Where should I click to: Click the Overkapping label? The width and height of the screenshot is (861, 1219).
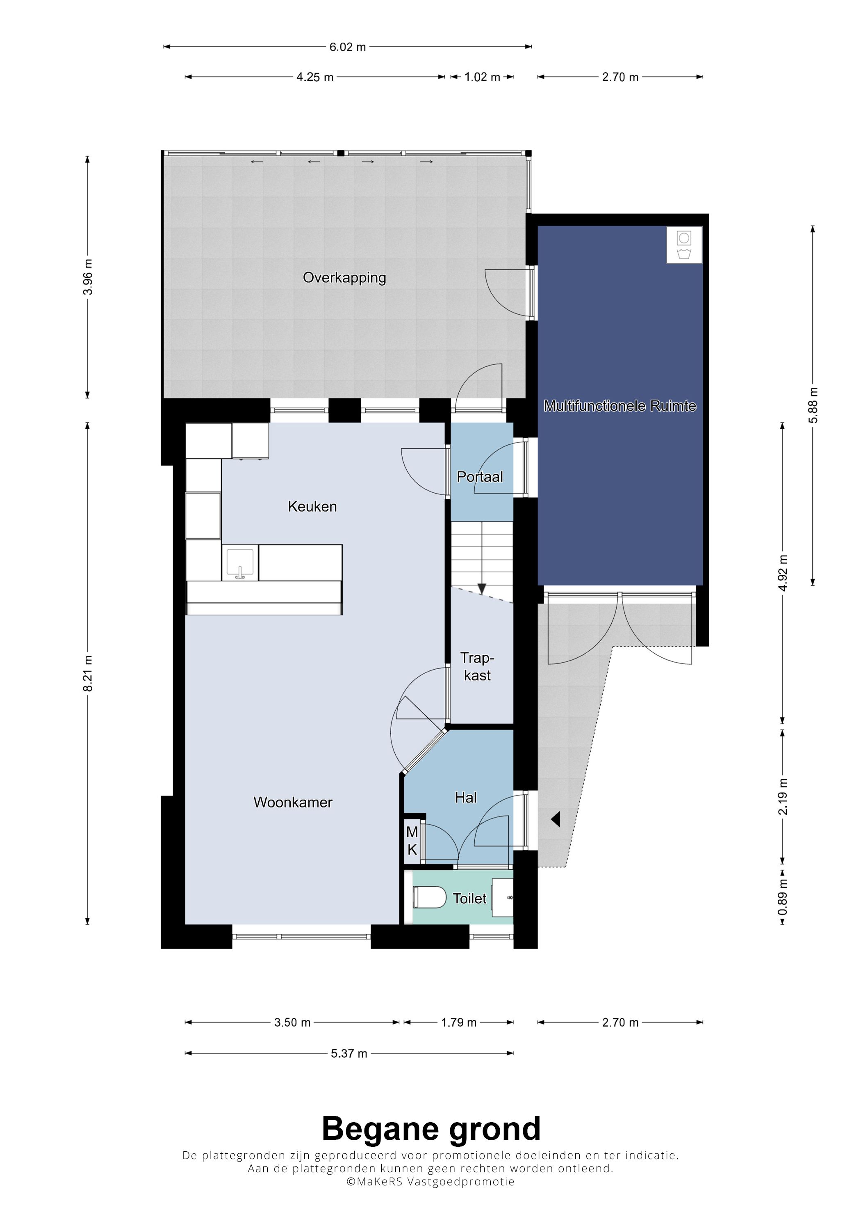click(344, 278)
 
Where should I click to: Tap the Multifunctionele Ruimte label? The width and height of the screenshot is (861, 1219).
click(620, 406)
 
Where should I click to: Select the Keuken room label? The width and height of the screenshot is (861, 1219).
click(312, 506)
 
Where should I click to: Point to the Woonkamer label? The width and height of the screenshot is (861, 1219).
click(293, 802)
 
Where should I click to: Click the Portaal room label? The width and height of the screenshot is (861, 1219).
click(480, 477)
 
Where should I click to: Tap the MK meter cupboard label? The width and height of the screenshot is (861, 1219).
click(412, 842)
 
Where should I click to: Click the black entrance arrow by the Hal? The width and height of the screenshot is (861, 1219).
click(556, 820)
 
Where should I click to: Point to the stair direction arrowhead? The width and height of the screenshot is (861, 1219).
click(482, 589)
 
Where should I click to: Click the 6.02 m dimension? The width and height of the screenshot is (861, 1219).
click(348, 47)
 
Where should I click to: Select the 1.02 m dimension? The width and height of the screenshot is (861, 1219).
click(482, 77)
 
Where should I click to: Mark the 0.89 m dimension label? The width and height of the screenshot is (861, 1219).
click(783, 897)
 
